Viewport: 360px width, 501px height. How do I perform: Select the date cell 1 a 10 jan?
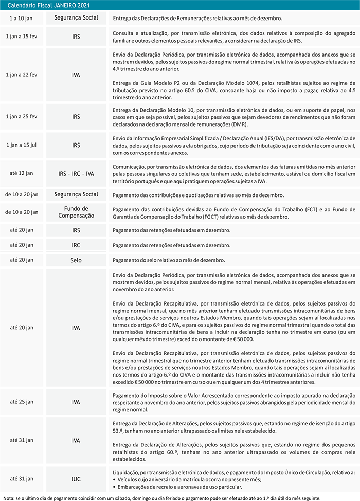point(22,18)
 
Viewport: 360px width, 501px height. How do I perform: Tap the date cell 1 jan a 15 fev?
point(22,37)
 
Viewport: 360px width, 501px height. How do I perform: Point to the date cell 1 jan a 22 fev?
point(22,75)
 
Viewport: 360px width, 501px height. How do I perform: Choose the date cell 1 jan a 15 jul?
point(22,146)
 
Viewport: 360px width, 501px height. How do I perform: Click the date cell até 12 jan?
point(22,174)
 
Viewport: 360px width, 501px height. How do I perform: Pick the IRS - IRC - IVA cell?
point(76,174)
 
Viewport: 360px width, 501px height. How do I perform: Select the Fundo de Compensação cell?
point(76,212)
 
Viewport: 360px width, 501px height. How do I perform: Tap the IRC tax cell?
point(76,245)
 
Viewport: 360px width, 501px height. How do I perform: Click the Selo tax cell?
point(76,260)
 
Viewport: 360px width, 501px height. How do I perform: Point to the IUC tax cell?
point(76,479)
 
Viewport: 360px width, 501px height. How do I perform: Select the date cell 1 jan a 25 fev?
point(22,117)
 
